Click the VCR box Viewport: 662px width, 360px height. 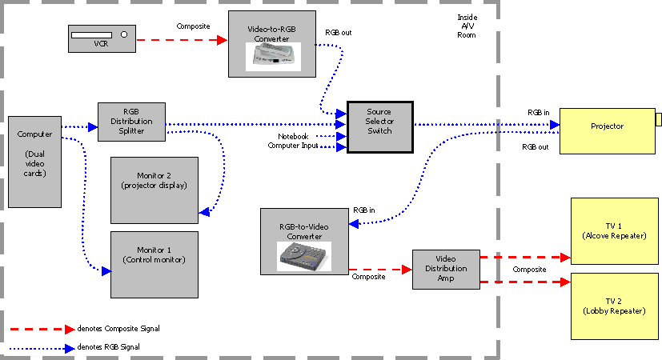(x=101, y=39)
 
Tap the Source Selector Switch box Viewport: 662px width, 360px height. (x=379, y=126)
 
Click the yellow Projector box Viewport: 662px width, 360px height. (x=607, y=130)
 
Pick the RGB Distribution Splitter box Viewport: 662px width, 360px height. (x=131, y=122)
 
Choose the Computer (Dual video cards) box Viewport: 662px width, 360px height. (x=34, y=162)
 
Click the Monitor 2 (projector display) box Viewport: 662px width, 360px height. (x=154, y=190)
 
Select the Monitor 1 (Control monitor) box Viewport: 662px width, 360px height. (x=154, y=264)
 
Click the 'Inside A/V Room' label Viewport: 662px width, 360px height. (x=467, y=26)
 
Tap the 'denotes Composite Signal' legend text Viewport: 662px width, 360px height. (x=115, y=328)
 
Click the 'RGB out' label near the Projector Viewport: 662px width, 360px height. (x=535, y=147)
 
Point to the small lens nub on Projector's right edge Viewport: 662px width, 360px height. (x=658, y=120)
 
